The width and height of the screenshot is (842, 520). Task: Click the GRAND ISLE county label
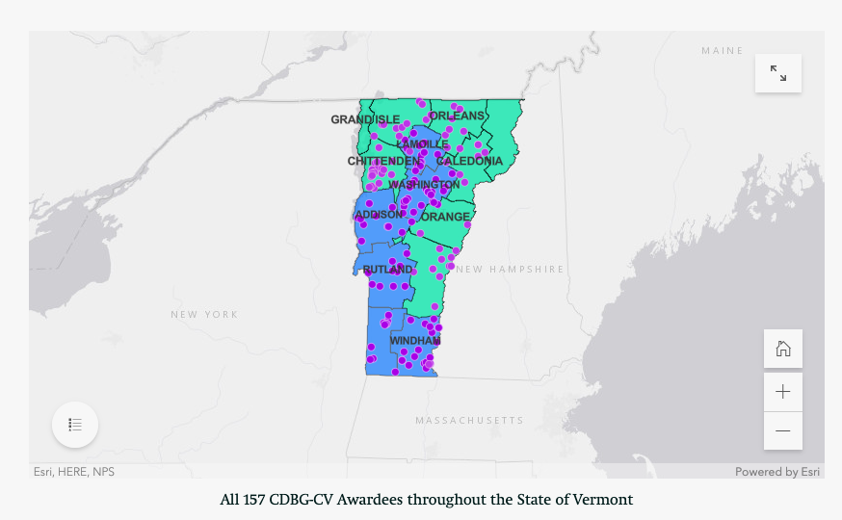click(x=365, y=119)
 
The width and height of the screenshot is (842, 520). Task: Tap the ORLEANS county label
click(x=457, y=116)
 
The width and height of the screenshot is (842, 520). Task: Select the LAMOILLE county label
click(x=422, y=143)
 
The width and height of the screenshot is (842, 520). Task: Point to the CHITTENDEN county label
click(x=384, y=161)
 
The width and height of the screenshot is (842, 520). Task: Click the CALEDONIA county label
click(x=469, y=161)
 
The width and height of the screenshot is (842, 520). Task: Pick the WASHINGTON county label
click(x=424, y=184)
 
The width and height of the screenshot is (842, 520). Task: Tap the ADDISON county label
click(x=380, y=214)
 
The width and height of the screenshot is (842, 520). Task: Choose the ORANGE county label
click(x=445, y=217)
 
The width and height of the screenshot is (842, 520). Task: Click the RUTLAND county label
click(x=387, y=270)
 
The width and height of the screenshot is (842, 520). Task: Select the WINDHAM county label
click(x=414, y=341)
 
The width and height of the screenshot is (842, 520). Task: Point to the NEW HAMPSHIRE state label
click(x=510, y=270)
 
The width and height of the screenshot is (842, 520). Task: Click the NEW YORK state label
click(x=204, y=315)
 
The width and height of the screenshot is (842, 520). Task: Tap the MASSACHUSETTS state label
click(x=469, y=421)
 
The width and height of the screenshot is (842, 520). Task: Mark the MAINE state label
click(x=723, y=50)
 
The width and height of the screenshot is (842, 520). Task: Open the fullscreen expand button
click(x=778, y=73)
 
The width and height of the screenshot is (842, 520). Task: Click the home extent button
click(x=783, y=349)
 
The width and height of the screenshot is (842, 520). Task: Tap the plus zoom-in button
click(x=783, y=391)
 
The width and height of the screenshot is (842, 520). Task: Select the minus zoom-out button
click(x=783, y=430)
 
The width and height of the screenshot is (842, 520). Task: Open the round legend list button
click(x=75, y=425)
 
